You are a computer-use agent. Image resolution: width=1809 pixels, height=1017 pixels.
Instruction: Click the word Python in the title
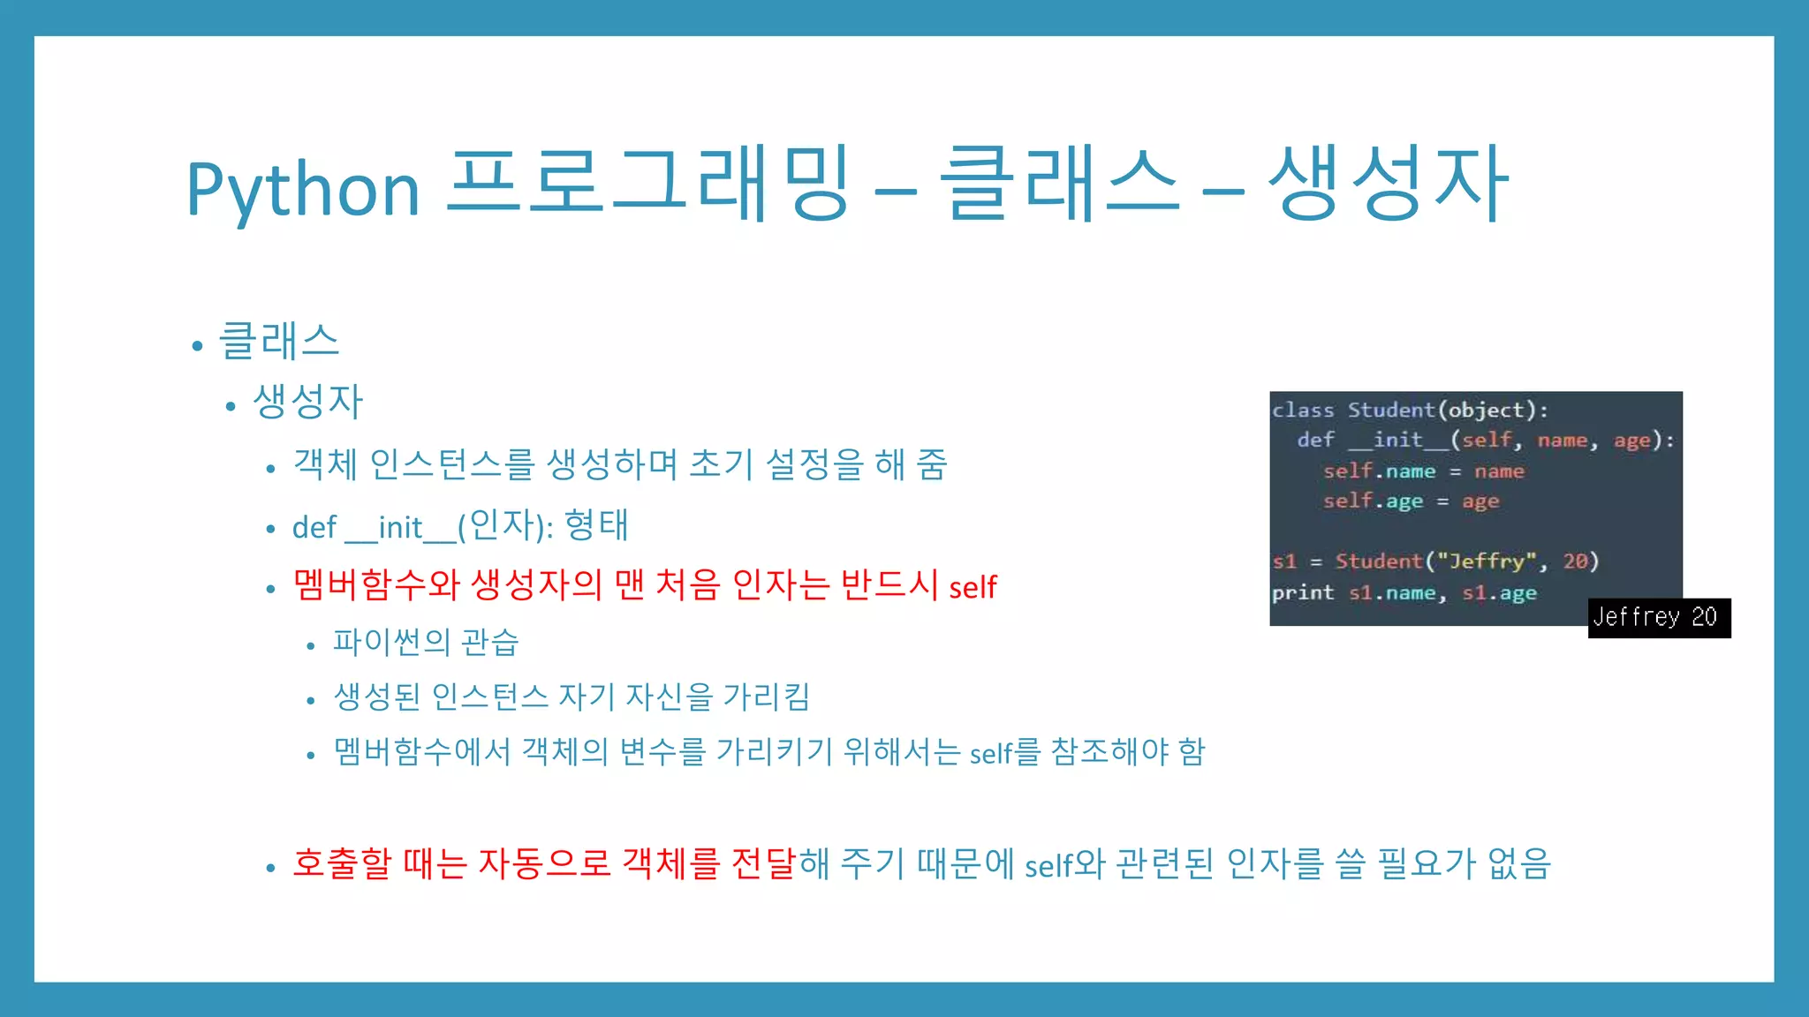click(302, 189)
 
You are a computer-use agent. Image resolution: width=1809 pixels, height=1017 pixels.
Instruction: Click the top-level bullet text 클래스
click(279, 342)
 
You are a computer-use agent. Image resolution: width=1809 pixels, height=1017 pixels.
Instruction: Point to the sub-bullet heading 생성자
click(307, 402)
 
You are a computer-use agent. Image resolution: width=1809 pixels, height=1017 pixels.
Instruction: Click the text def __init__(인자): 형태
click(459, 526)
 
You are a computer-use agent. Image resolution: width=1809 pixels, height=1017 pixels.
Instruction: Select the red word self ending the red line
click(973, 586)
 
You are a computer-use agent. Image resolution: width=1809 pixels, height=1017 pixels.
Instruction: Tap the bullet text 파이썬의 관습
click(426, 642)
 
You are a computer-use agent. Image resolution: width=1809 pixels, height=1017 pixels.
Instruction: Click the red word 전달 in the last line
click(764, 863)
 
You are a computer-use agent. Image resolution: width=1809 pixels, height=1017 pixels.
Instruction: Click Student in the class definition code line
click(1390, 410)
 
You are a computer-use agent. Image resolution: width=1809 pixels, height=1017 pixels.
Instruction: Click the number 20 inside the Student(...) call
click(1575, 561)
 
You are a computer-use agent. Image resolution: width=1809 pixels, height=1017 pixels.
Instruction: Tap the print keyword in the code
click(1302, 593)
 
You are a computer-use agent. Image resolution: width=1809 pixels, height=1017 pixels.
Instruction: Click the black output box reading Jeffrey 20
click(1659, 617)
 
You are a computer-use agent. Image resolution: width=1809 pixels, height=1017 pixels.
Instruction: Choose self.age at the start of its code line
click(1373, 501)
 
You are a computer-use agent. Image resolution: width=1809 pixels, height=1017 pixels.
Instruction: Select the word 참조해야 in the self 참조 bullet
click(1109, 752)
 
